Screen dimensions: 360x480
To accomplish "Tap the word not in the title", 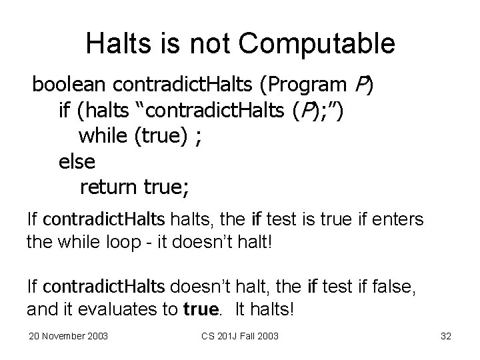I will pos(211,43).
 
